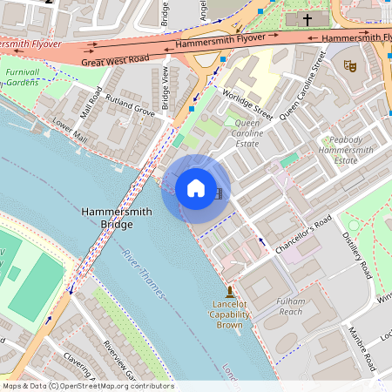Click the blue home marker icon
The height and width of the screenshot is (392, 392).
coord(195,188)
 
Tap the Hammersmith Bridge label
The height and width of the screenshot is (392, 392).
coord(107,218)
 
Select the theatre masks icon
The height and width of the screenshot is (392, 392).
coord(350,65)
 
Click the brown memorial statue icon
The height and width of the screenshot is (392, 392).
coord(229,290)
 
